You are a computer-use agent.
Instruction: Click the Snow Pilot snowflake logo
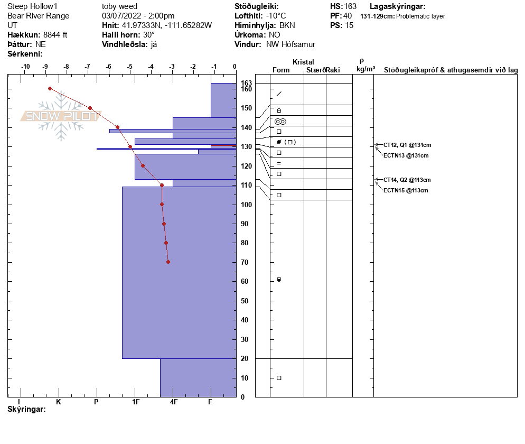click(x=61, y=116)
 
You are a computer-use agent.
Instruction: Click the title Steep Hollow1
click(x=32, y=6)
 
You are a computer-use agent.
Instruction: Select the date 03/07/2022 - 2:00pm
click(x=138, y=16)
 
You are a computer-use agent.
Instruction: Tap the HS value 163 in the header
click(x=350, y=6)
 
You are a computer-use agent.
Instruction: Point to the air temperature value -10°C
click(x=276, y=16)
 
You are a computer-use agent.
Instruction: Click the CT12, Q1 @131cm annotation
click(x=407, y=145)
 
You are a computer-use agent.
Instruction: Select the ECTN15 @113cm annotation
click(x=406, y=190)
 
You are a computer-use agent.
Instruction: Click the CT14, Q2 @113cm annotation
click(x=407, y=180)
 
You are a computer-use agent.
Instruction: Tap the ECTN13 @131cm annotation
click(x=406, y=155)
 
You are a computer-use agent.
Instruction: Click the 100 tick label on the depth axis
click(x=246, y=205)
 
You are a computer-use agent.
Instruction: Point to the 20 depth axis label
click(x=245, y=358)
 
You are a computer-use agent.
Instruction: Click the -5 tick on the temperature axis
click(x=129, y=67)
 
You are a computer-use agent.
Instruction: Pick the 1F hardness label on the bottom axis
click(x=135, y=402)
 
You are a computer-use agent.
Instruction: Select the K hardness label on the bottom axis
click(x=59, y=402)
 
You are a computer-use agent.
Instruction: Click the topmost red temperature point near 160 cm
click(x=50, y=88)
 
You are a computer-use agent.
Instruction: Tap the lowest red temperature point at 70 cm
click(x=168, y=262)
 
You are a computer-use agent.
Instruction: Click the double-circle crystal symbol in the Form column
click(x=280, y=122)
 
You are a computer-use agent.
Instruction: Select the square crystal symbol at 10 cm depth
click(x=279, y=378)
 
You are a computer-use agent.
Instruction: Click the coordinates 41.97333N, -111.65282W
click(x=167, y=25)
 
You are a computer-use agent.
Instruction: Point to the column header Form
click(x=281, y=70)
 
